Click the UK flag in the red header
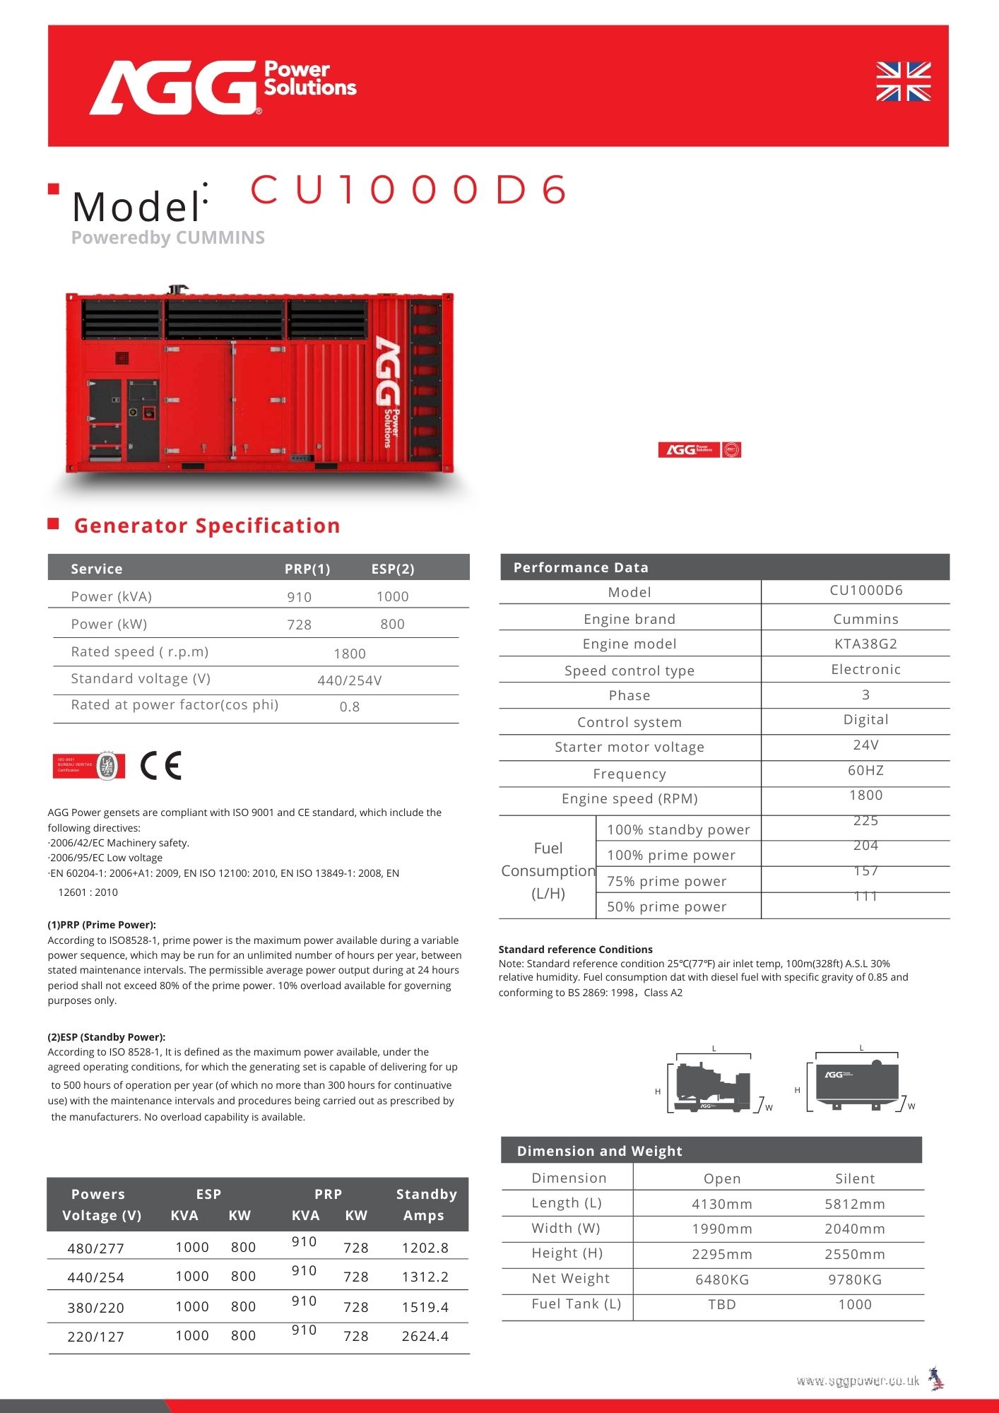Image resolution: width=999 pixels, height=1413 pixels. click(903, 81)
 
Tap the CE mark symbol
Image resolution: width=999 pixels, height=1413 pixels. click(161, 765)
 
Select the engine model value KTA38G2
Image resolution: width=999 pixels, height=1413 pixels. click(865, 644)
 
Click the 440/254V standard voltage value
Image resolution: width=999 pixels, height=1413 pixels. click(350, 680)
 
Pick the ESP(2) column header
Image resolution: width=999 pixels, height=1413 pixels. click(393, 569)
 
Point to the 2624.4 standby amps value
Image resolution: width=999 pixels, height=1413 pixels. click(425, 1336)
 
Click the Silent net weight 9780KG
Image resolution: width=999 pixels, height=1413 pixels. click(855, 1279)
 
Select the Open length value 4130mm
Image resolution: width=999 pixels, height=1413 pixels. click(721, 1204)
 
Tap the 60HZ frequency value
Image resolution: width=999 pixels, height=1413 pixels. click(865, 770)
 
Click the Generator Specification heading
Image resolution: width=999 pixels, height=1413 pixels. click(207, 526)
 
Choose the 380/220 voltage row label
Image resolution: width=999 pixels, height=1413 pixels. click(96, 1308)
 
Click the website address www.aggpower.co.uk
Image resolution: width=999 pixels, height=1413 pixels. click(858, 1381)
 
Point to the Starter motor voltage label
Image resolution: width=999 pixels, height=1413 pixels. click(629, 747)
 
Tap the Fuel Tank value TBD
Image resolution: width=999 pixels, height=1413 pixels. click(721, 1304)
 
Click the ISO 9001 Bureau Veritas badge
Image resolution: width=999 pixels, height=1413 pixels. click(89, 766)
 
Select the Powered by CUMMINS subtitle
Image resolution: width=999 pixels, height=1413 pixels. click(168, 237)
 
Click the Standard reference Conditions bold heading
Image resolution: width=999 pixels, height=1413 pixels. click(575, 950)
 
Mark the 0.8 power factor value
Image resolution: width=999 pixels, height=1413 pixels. click(350, 706)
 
